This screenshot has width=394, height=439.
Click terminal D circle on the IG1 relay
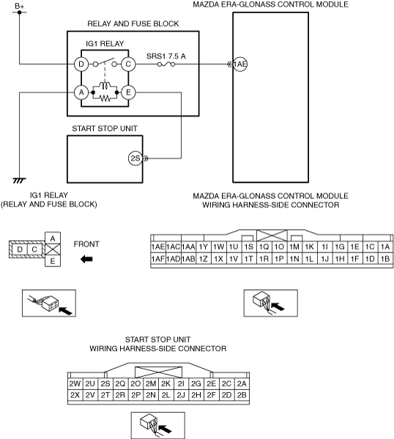(x=81, y=64)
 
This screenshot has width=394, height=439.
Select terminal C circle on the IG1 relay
(x=128, y=64)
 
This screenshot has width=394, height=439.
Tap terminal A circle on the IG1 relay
(x=81, y=92)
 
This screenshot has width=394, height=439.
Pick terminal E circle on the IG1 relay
(x=128, y=92)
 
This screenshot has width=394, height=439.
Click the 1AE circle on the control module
(x=240, y=64)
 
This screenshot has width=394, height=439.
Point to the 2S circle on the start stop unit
(x=135, y=159)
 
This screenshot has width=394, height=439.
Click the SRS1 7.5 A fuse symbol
(x=166, y=64)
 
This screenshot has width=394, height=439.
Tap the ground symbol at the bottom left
(x=19, y=180)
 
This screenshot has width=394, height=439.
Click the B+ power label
(x=19, y=6)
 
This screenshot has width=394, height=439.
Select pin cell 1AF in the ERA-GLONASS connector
(x=158, y=259)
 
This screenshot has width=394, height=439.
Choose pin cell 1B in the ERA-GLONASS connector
(x=385, y=259)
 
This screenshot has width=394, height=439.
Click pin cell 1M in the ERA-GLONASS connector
(x=294, y=247)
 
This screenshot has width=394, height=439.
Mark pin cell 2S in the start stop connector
(x=105, y=383)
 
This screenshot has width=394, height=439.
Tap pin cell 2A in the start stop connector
(x=242, y=383)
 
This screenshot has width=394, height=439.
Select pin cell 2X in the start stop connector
(x=75, y=395)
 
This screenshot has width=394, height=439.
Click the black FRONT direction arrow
(x=86, y=259)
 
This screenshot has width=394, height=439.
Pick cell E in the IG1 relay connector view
(x=53, y=261)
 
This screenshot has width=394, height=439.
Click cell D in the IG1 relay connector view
(x=20, y=249)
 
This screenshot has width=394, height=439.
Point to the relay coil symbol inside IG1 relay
(x=105, y=86)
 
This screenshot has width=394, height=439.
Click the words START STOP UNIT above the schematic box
(x=105, y=129)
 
